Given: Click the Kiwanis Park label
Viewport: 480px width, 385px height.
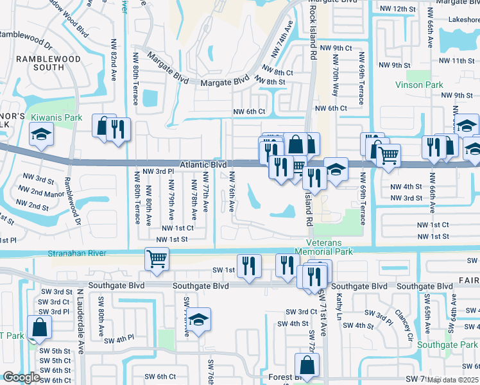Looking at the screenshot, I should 64,118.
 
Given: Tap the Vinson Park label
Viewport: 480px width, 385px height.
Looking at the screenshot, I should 418,85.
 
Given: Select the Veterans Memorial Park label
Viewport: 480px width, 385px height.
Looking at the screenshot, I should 324,248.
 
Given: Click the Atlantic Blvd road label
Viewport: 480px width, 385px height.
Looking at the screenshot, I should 203,165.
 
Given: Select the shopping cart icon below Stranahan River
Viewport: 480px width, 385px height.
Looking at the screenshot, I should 157,259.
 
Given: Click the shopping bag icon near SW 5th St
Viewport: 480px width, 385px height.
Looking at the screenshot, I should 40,327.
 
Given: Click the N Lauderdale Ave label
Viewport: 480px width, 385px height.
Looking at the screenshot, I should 81,321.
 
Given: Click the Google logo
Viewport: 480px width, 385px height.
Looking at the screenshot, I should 21,377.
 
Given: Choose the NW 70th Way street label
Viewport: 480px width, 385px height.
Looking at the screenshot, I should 335,80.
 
